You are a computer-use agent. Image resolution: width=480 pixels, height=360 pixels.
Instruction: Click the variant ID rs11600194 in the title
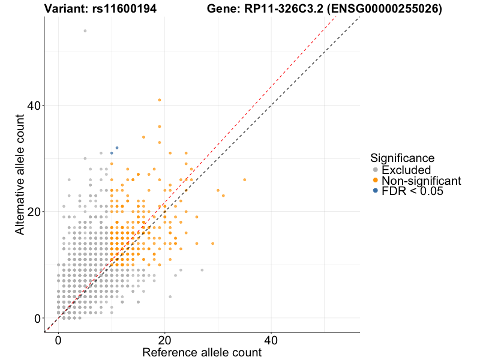coord(123,9)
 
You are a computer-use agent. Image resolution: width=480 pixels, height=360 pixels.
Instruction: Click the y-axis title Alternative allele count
coord(20,174)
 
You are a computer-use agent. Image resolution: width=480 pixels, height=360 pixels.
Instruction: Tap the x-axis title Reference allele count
coord(202,352)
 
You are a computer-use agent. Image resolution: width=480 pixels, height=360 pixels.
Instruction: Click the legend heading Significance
coord(402,158)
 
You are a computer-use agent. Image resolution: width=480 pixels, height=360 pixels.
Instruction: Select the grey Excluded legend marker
coord(376,170)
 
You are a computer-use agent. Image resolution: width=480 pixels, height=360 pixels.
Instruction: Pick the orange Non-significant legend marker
coord(376,181)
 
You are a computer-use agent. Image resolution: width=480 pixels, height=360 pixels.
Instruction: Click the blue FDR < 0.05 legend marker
coord(376,191)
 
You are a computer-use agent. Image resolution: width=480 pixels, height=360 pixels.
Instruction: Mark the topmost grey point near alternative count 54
coord(85,31)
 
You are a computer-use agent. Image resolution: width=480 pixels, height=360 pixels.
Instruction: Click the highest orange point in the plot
coord(159,100)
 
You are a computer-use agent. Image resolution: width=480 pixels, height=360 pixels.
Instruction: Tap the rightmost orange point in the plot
coord(244,179)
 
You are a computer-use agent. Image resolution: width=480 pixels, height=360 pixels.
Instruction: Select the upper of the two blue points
coord(117,148)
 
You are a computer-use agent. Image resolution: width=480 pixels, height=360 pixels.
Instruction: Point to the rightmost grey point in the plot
coord(202,270)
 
